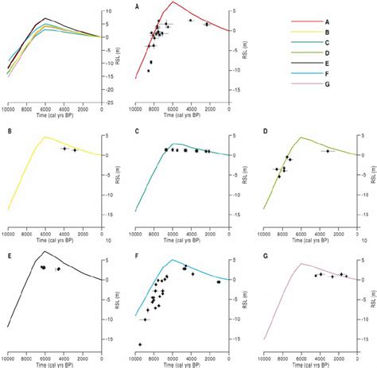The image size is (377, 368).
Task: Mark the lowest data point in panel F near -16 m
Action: pos(141,344)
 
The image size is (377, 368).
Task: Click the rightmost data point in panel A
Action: pos(207,25)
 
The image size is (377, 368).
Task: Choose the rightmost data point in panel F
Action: pos(218,281)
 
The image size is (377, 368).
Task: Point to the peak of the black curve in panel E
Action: pos(45,251)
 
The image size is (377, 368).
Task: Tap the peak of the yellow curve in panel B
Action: pos(45,137)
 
